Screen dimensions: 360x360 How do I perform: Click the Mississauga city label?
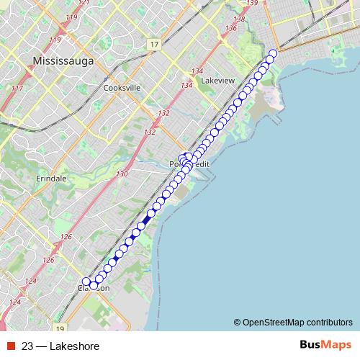[x=64, y=62]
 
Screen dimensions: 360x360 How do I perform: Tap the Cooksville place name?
[x=122, y=89]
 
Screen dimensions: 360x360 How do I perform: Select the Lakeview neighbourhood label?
[x=218, y=81]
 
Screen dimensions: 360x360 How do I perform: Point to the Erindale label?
[x=49, y=178]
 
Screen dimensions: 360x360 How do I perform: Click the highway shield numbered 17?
[x=155, y=45]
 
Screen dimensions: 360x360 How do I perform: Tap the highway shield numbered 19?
[x=60, y=327]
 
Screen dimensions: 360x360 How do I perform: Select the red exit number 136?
[x=230, y=28]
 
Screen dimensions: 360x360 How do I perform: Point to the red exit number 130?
[x=122, y=174]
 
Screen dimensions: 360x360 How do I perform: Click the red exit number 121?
[x=84, y=2]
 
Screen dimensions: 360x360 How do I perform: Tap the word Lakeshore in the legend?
[x=74, y=346]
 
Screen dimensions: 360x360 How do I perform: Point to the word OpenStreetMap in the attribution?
[x=274, y=322]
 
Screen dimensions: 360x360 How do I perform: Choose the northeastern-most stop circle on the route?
[x=273, y=53]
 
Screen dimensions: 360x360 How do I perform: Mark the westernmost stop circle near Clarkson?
[x=86, y=282]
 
